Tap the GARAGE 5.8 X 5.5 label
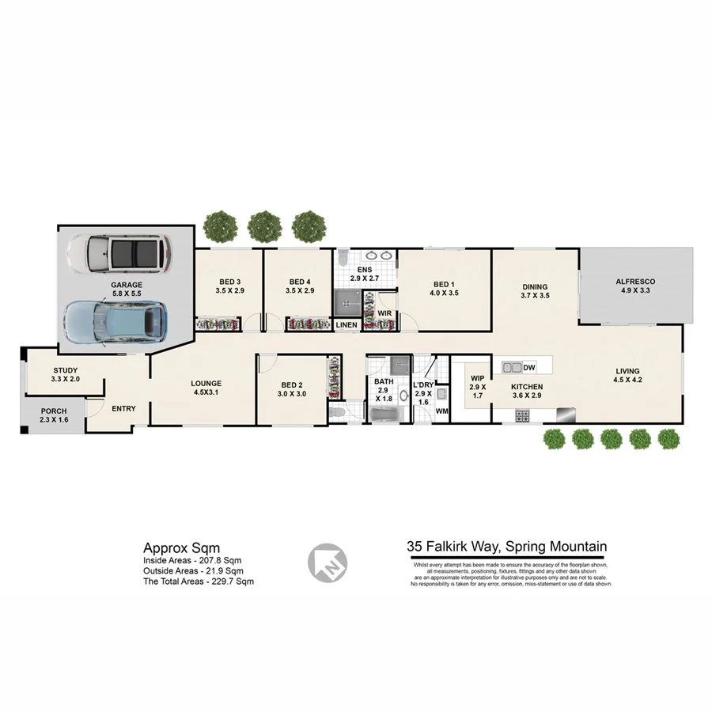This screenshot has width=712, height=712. point(127,289)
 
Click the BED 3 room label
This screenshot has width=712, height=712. point(229,286)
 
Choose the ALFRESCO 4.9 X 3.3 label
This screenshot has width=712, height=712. point(636,286)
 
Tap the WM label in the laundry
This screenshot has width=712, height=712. point(442,411)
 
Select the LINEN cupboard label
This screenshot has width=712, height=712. point(347,325)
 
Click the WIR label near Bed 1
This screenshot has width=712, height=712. point(384,313)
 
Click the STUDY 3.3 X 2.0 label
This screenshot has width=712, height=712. point(65,375)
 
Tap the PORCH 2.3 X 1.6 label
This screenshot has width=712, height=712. point(54,416)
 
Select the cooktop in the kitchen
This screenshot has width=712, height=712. point(522,415)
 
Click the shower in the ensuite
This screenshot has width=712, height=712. point(347,300)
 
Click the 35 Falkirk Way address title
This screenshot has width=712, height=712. point(506,546)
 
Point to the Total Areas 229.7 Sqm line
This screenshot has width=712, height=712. point(199,581)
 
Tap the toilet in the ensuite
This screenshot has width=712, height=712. point(343,258)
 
